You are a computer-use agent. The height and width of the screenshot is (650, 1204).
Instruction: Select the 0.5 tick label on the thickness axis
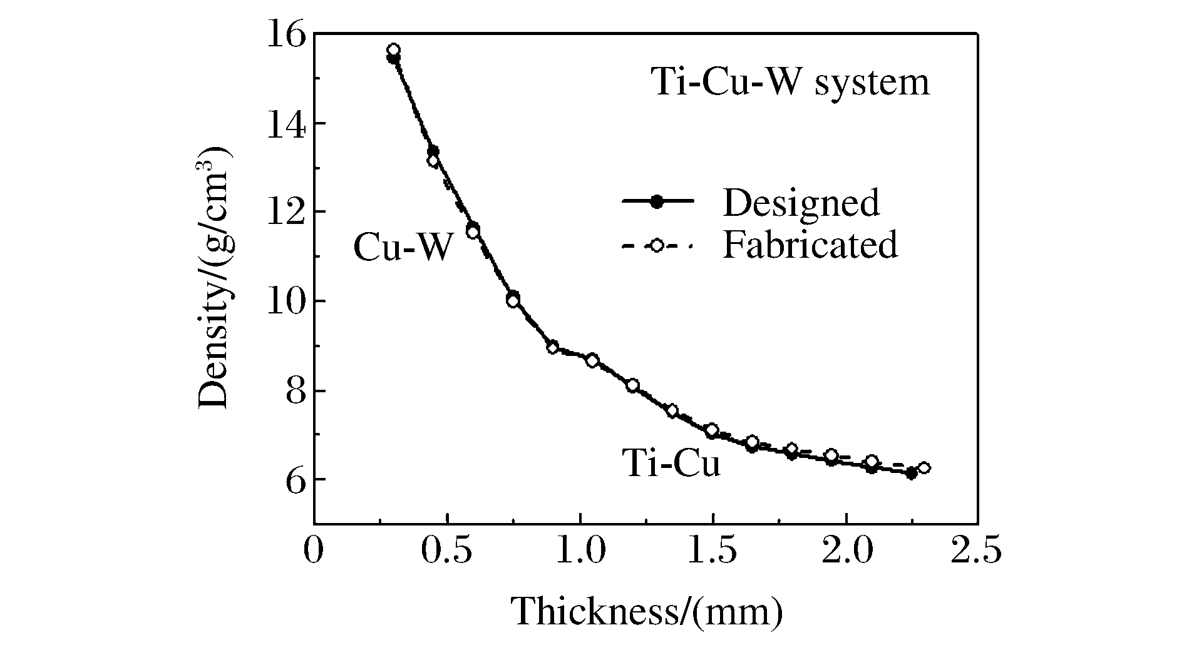coord(447,552)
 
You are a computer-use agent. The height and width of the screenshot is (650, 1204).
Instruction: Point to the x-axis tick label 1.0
coord(580,552)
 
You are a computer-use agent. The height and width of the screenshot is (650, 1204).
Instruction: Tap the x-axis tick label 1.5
coord(713,552)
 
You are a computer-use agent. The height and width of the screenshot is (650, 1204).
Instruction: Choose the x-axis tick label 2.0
coord(846,552)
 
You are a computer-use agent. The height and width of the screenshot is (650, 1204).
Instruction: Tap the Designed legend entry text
coord(801,203)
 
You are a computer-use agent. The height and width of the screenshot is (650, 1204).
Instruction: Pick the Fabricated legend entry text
coord(810,245)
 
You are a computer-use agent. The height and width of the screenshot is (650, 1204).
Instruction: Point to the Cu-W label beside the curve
coord(402,248)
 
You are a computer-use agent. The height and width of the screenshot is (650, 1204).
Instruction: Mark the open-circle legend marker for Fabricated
coord(657,246)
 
